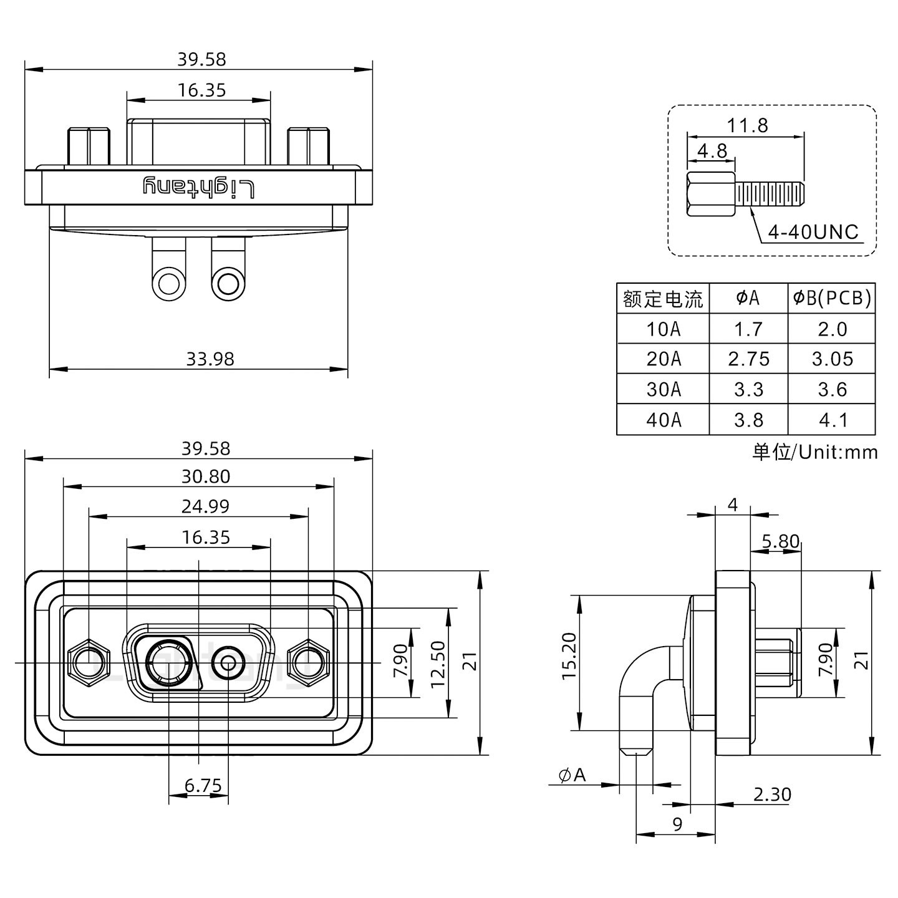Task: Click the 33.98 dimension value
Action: pyautogui.click(x=210, y=359)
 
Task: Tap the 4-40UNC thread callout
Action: pyautogui.click(x=813, y=233)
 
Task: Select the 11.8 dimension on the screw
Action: pyautogui.click(x=747, y=126)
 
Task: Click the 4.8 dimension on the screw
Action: pyautogui.click(x=712, y=151)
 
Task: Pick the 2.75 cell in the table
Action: pyautogui.click(x=748, y=359)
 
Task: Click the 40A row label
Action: pyautogui.click(x=663, y=420)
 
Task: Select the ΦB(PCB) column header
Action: pyautogui.click(x=832, y=298)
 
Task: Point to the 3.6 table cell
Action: pyautogui.click(x=832, y=390)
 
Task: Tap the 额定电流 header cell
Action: pyautogui.click(x=663, y=299)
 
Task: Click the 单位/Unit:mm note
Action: pyautogui.click(x=815, y=451)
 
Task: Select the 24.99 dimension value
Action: pyautogui.click(x=205, y=506)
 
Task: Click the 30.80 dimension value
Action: pyautogui.click(x=206, y=476)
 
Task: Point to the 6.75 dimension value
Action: pyautogui.click(x=203, y=786)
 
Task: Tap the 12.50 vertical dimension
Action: pyautogui.click(x=438, y=663)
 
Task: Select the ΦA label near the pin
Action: pyautogui.click(x=572, y=775)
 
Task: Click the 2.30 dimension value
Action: pyautogui.click(x=772, y=794)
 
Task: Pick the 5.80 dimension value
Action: pyautogui.click(x=780, y=541)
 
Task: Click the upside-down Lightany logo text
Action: pyautogui.click(x=200, y=187)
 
